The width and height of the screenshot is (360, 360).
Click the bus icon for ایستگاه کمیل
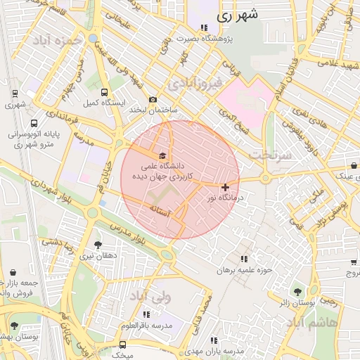click(x=104, y=92)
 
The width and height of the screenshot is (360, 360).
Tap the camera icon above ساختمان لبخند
click(x=152, y=100)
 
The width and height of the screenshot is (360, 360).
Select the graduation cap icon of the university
click(x=163, y=155)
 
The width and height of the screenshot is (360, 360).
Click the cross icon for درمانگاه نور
click(x=224, y=187)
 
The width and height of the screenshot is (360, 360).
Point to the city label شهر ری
click(x=237, y=13)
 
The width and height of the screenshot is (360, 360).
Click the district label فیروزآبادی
click(x=195, y=84)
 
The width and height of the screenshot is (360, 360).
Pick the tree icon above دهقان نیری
click(x=97, y=245)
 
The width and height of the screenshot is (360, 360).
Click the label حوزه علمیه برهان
click(x=244, y=269)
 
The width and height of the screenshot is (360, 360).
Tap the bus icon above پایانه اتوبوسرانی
click(x=34, y=123)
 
